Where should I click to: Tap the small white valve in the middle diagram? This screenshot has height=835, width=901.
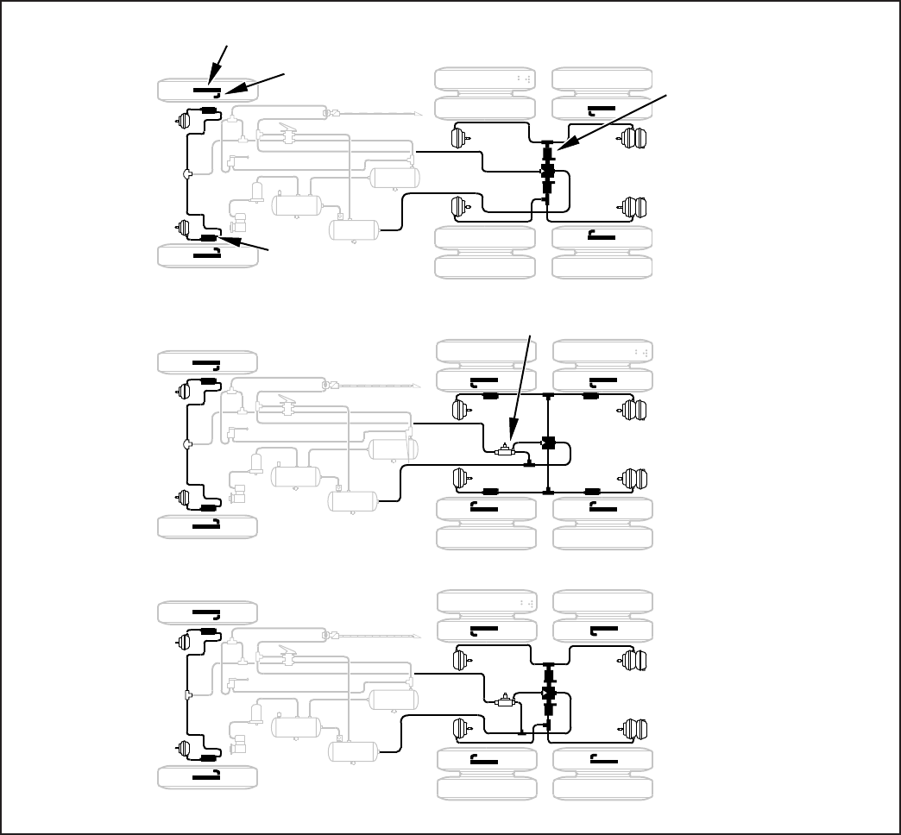(x=504, y=449)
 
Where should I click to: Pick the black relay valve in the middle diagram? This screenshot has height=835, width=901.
(x=547, y=443)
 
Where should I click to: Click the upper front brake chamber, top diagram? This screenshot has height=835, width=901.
(x=182, y=122)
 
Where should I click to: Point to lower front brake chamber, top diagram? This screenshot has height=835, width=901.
(x=182, y=228)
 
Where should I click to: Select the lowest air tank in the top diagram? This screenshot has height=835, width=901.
(x=355, y=229)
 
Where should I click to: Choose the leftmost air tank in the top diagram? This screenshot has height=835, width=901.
(x=297, y=204)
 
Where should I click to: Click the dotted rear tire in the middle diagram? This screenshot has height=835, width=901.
(x=602, y=352)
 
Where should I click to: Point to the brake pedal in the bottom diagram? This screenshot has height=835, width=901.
(x=287, y=660)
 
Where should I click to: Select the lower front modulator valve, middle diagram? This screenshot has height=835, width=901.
(x=208, y=508)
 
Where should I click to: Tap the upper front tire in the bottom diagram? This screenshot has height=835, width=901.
(x=207, y=613)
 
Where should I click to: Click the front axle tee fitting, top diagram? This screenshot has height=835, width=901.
(x=188, y=174)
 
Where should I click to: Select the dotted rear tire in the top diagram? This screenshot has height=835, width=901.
(x=486, y=79)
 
